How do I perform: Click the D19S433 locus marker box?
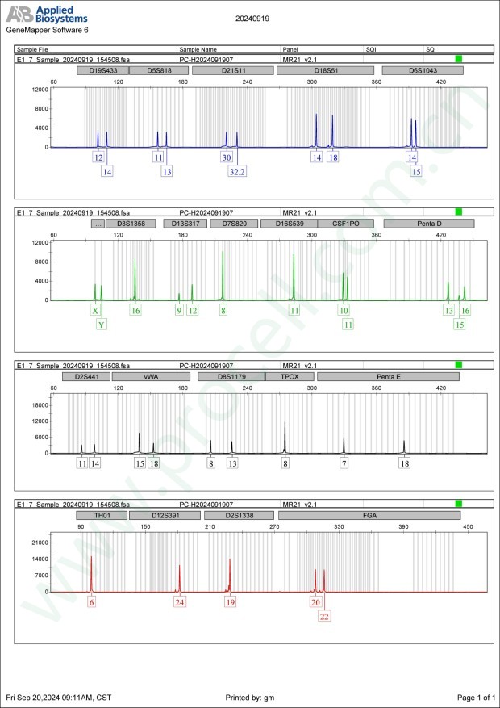(x=101, y=70)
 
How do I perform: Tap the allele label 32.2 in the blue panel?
(x=236, y=171)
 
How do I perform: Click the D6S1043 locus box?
(x=422, y=70)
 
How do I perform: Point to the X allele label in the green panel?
(x=95, y=310)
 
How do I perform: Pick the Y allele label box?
(x=102, y=325)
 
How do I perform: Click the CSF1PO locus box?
(x=344, y=224)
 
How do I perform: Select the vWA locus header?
(x=151, y=377)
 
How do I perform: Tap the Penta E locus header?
(x=389, y=377)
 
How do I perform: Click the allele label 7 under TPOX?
(x=344, y=463)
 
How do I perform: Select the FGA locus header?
(x=369, y=514)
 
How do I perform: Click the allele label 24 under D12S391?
(x=179, y=602)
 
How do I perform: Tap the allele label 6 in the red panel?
(x=92, y=602)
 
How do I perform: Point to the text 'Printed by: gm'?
(x=251, y=697)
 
